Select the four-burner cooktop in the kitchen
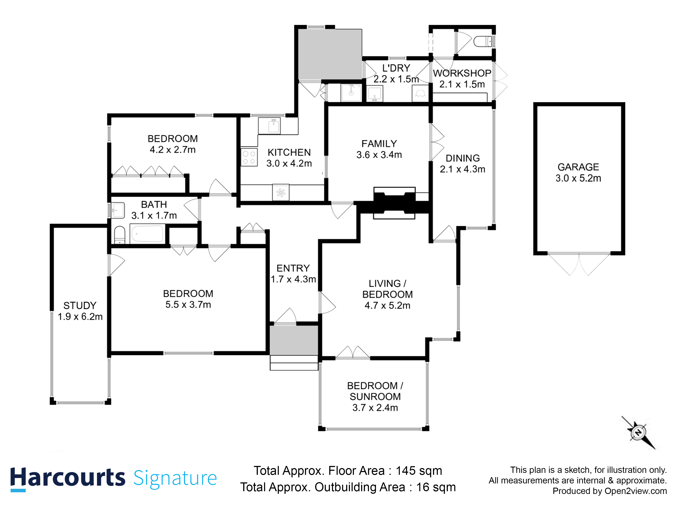(x=249, y=157)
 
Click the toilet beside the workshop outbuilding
(x=483, y=41)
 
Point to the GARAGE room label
(x=578, y=167)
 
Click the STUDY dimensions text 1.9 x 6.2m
(x=80, y=317)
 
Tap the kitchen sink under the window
(x=273, y=126)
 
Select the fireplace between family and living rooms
(x=394, y=203)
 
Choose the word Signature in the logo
(x=175, y=478)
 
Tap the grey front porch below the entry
(x=294, y=340)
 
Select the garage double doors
(x=579, y=264)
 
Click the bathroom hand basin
(x=117, y=210)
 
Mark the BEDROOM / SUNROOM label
(x=375, y=391)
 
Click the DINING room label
(x=463, y=158)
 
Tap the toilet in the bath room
(x=120, y=235)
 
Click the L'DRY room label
(x=396, y=68)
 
